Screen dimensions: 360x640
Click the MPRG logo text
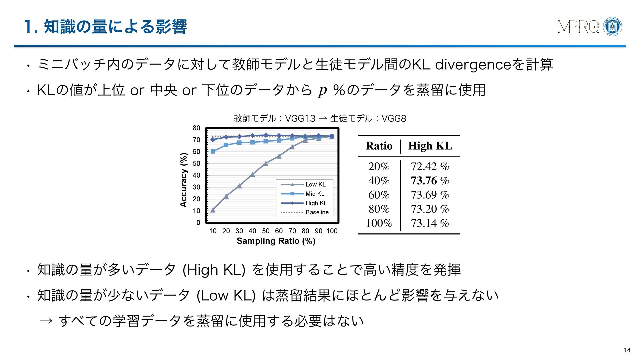click(578, 27)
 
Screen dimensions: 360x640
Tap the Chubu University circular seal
click(613, 27)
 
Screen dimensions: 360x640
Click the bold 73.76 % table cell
click(430, 181)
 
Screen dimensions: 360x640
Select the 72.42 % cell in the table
click(430, 166)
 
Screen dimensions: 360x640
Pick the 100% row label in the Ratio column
click(379, 223)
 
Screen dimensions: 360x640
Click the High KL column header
click(430, 146)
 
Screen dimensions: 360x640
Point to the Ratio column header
click(379, 146)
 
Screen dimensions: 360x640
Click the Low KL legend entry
click(315, 184)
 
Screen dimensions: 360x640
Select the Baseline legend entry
click(317, 212)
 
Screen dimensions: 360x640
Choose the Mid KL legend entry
click(315, 194)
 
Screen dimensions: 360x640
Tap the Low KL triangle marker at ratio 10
click(213, 210)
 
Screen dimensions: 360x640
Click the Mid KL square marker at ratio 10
click(213, 151)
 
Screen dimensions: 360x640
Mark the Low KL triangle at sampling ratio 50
click(266, 163)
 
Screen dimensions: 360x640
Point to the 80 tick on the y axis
click(196, 128)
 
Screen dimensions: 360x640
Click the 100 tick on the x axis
click(332, 231)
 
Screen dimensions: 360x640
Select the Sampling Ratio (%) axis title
click(276, 241)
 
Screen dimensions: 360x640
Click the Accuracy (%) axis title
click(184, 180)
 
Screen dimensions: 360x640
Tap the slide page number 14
click(627, 350)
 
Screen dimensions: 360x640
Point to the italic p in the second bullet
click(322, 90)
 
